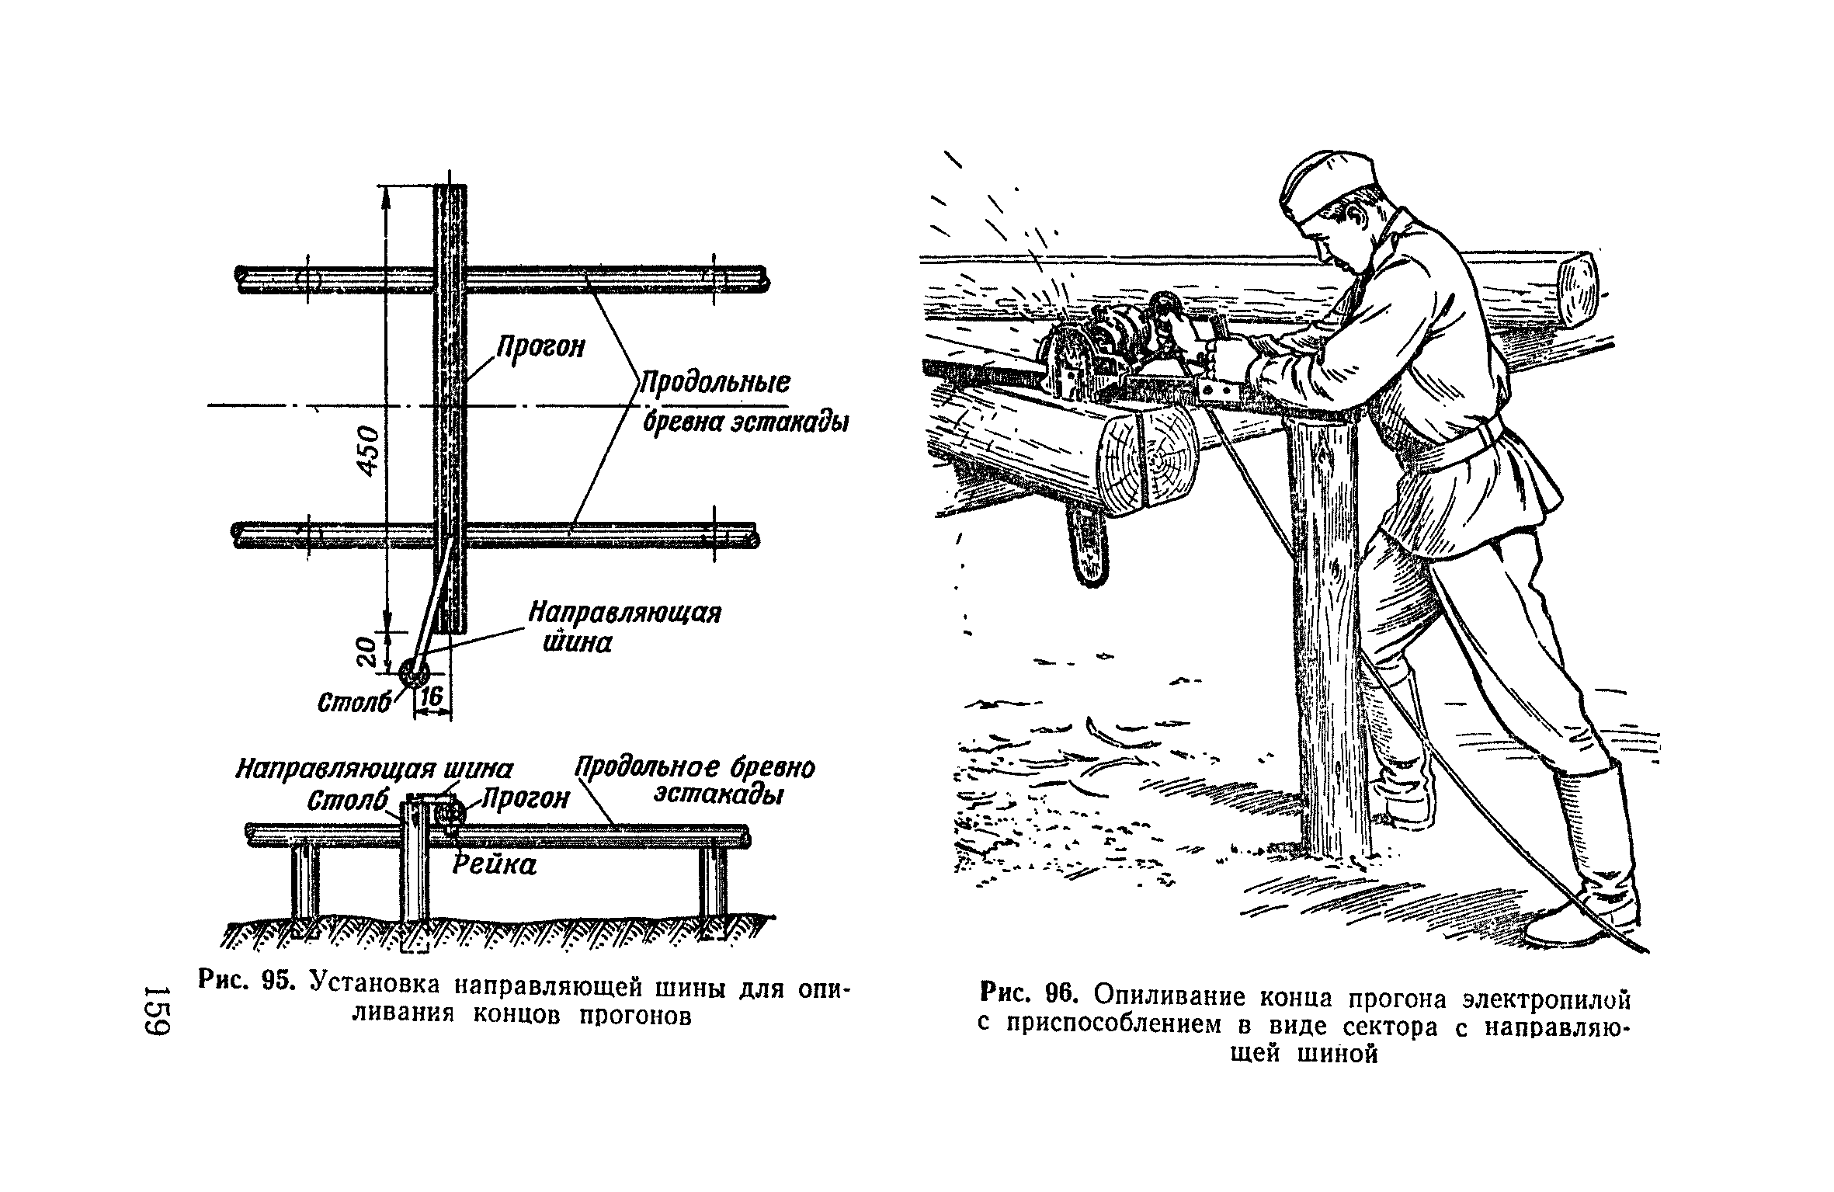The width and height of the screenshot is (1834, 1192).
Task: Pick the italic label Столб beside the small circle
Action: coord(353,702)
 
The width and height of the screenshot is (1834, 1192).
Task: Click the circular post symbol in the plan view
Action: coord(412,673)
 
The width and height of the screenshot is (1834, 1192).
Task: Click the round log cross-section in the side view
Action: coord(449,816)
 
